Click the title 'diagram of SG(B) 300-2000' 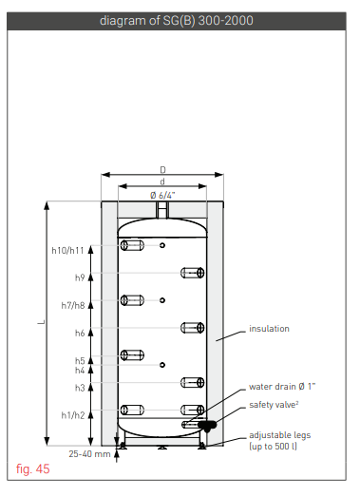click(176, 21)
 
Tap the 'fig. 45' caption click(33, 468)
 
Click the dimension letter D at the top click(162, 170)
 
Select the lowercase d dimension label click(162, 182)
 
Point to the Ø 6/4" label click(162, 195)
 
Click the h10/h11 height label click(67, 251)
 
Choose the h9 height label click(80, 278)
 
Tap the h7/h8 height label click(73, 306)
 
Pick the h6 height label click(80, 334)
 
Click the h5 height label click(80, 361)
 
